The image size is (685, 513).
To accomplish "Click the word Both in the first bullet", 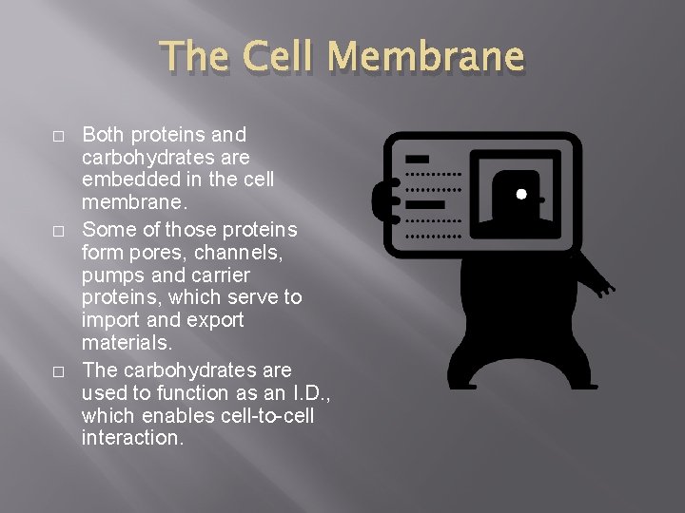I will (x=103, y=135).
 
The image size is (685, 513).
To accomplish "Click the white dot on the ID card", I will (x=521, y=195).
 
